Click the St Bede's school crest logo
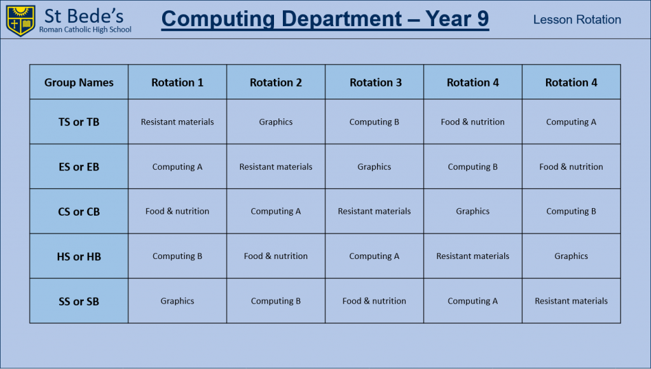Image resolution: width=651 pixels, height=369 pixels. [20, 20]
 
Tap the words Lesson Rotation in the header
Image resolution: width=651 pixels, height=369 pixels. [577, 20]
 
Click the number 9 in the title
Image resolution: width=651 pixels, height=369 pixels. [483, 18]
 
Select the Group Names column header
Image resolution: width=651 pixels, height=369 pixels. [79, 82]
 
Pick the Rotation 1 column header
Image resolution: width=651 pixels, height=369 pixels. [177, 82]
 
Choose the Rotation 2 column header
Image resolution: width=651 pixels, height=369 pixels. [276, 82]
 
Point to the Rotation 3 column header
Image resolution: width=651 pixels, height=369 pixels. [376, 82]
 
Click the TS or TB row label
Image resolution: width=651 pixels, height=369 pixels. [79, 122]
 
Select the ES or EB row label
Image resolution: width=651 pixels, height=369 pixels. [79, 167]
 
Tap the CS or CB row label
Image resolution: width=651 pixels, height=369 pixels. [79, 211]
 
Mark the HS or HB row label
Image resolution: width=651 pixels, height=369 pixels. [79, 256]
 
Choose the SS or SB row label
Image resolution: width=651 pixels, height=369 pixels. [79, 302]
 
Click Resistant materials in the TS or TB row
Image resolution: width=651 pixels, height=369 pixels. [177, 122]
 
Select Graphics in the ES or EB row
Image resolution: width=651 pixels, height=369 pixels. [374, 167]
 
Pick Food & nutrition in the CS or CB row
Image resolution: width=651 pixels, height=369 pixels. [177, 211]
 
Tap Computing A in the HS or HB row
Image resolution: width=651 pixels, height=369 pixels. [374, 256]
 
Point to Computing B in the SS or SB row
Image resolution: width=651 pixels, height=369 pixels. [276, 302]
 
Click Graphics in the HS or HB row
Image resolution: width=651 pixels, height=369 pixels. [571, 256]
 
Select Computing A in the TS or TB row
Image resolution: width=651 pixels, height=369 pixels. [571, 122]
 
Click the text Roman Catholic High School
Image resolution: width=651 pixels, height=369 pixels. [85, 29]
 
